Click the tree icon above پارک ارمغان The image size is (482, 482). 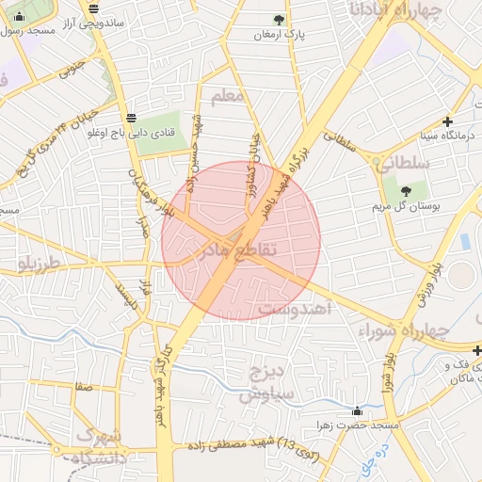[x=277, y=19]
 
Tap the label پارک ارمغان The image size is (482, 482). [x=279, y=35]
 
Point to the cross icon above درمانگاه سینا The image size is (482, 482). [x=447, y=121]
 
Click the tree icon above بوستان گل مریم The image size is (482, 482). [x=417, y=191]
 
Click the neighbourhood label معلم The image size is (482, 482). [x=229, y=97]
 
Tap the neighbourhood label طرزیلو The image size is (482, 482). [x=39, y=263]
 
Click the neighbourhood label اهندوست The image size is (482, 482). [x=290, y=309]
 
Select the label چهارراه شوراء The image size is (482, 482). [x=404, y=330]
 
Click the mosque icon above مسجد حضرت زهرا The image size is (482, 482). [x=357, y=410]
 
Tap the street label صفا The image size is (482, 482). [x=85, y=386]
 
